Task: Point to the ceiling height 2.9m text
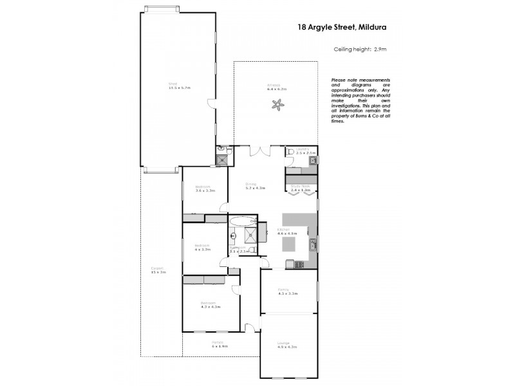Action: coord(359,50)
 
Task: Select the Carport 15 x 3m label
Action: coord(158,270)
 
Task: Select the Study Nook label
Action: coord(300,188)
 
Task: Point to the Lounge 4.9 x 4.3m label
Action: coord(286,345)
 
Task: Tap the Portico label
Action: coord(220,344)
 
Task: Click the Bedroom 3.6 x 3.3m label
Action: coord(204,189)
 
